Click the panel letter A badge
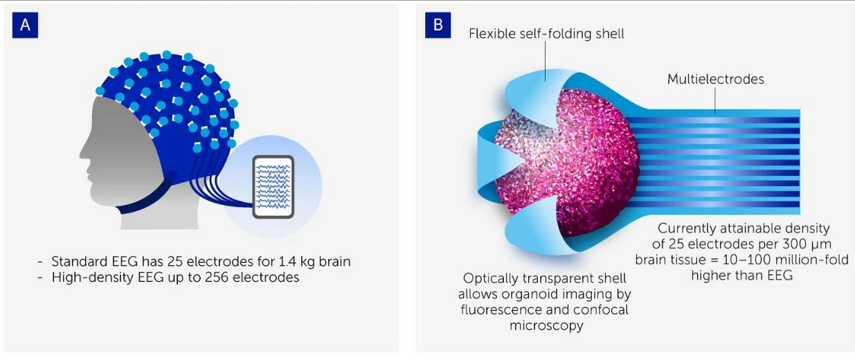pos(25,25)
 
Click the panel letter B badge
pos(438,25)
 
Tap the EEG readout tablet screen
pos(273,187)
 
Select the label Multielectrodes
pos(716,79)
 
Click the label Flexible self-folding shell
pos(546,34)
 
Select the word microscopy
pos(546,325)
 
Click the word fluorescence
pos(501,309)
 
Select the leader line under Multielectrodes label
pos(715,100)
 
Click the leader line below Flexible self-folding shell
pos(545,61)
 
